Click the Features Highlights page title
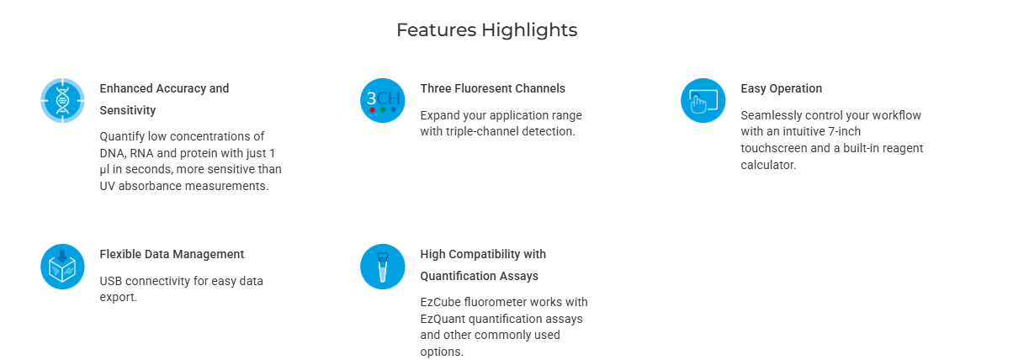tap(487, 30)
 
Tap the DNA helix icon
tap(62, 101)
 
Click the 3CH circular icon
tap(383, 101)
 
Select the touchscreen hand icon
tap(703, 101)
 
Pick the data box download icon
tap(62, 267)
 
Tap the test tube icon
tap(383, 267)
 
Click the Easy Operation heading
tap(782, 88)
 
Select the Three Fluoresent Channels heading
tap(492, 88)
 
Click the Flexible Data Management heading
tap(172, 254)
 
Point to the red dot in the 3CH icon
tap(372, 109)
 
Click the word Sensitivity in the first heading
tap(128, 111)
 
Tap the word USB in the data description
tap(111, 281)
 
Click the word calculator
tap(768, 166)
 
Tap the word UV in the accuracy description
tap(108, 186)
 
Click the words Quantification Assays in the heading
tap(479, 276)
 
